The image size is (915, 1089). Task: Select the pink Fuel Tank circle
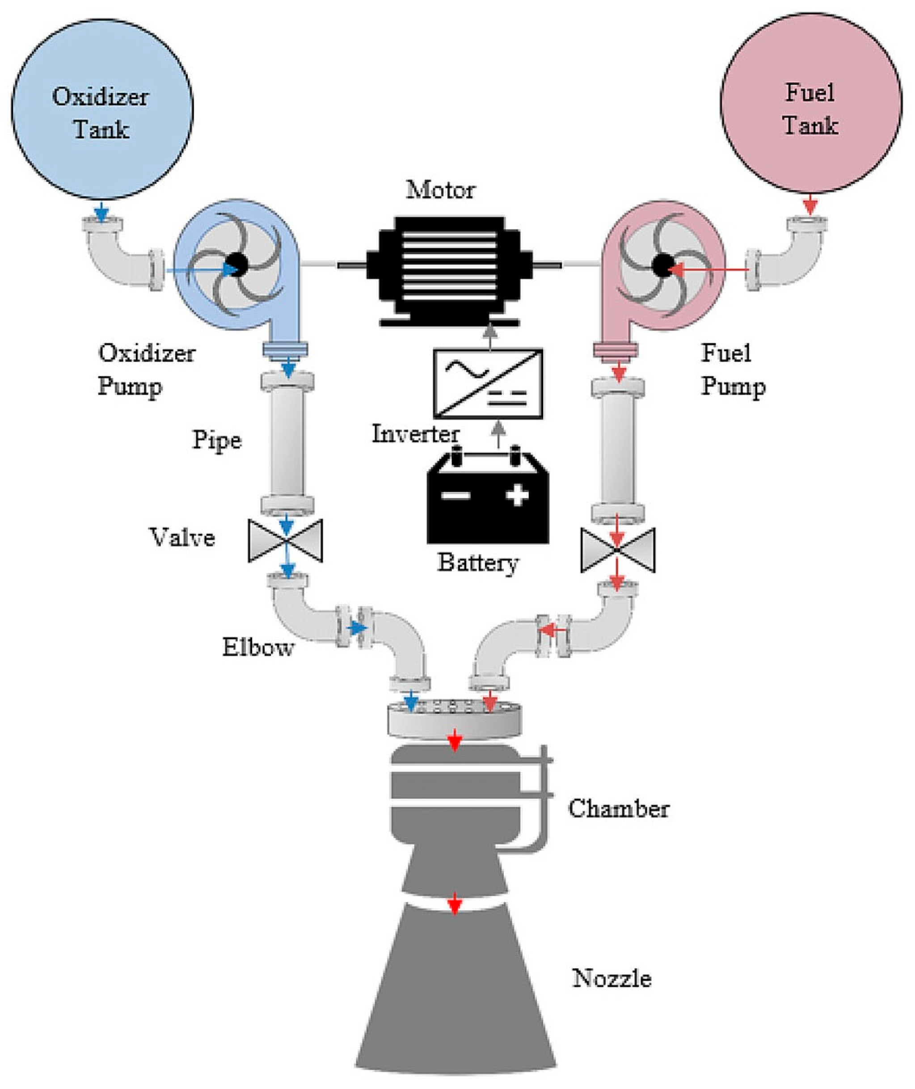[810, 104]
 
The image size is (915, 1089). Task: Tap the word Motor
[440, 190]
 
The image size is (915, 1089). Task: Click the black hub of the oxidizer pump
[237, 265]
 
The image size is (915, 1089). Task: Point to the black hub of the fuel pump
[662, 265]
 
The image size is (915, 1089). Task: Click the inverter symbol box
[488, 384]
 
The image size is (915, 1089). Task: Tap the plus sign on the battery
[517, 495]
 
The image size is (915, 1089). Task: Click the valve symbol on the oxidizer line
[286, 540]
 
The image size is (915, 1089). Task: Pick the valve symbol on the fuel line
[617, 550]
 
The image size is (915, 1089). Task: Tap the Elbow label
[258, 648]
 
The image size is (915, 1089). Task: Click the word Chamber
[618, 808]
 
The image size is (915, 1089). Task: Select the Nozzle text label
[612, 979]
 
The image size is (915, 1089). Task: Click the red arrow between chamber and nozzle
[455, 904]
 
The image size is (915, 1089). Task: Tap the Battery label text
[477, 563]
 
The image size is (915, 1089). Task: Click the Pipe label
[217, 441]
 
